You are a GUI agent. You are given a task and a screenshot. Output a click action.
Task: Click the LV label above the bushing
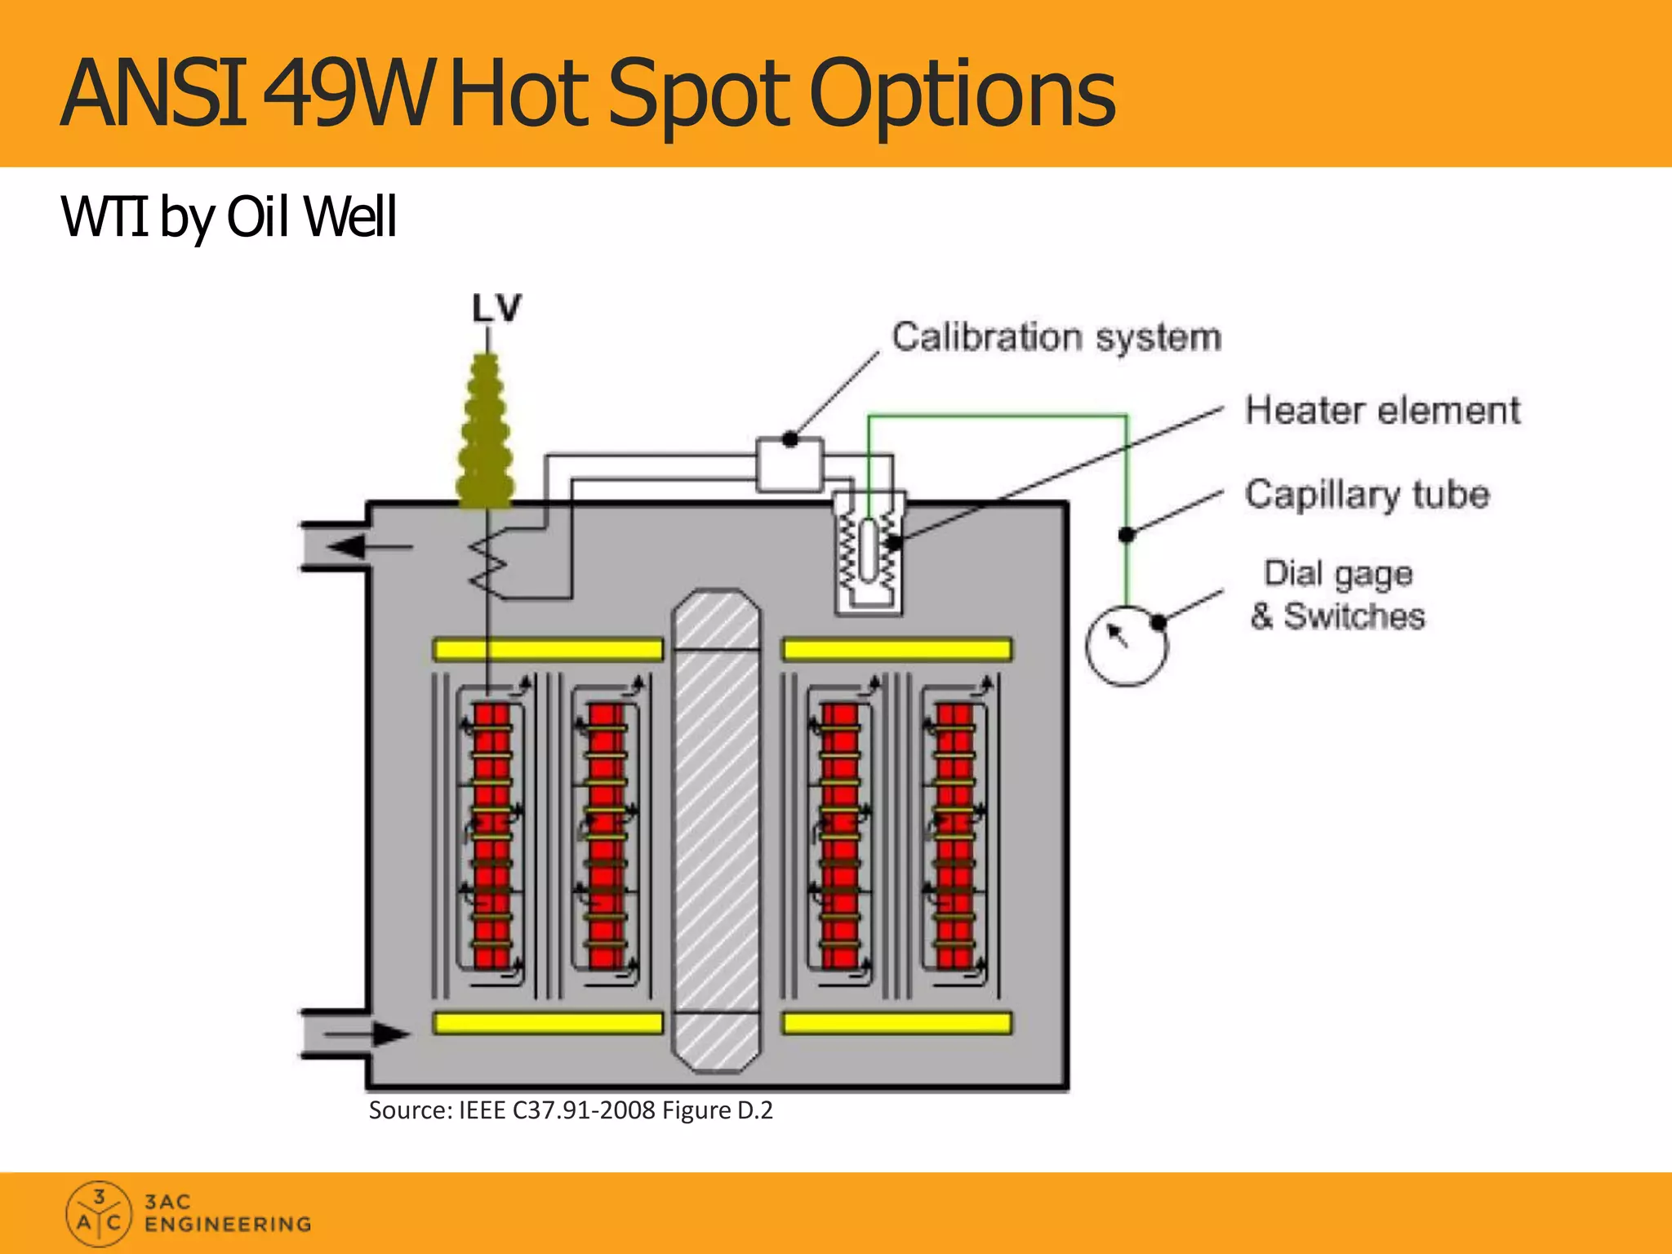coord(496,309)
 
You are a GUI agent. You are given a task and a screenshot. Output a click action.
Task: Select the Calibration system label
coord(1056,337)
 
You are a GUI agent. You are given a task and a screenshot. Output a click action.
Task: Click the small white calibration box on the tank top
coord(789,465)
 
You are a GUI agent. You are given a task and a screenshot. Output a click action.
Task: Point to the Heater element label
coord(1382,410)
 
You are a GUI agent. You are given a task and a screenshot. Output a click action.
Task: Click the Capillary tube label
coord(1367,495)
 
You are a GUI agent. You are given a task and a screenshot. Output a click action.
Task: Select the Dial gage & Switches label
coord(1338,595)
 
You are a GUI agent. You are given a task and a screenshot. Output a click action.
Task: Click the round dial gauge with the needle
coord(1127,646)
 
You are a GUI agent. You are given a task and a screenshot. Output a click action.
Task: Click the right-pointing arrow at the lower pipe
coord(384,1034)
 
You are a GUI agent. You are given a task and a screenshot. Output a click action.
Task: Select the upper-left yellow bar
coord(547,650)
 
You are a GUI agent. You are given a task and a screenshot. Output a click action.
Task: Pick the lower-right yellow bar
coord(897,1023)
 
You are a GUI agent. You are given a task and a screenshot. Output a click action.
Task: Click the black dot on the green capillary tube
coord(1127,535)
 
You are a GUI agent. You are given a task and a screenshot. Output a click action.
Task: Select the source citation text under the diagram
coord(570,1110)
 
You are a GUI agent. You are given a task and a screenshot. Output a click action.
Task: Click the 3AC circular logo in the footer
coord(98,1213)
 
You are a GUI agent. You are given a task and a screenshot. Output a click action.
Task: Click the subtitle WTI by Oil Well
coord(229,217)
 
